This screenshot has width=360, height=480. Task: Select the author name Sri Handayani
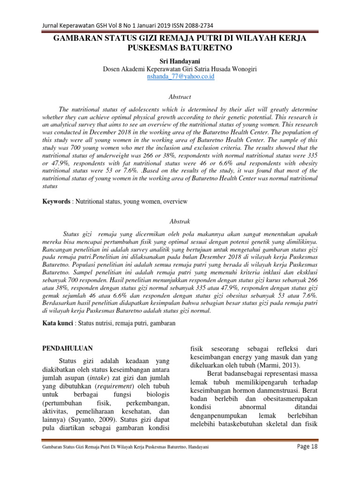click(x=180, y=61)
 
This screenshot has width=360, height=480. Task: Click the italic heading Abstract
click(x=180, y=97)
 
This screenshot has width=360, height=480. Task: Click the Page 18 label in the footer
click(x=307, y=447)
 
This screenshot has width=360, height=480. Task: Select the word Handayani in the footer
click(x=197, y=447)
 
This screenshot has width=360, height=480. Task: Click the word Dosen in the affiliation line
click(x=112, y=69)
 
